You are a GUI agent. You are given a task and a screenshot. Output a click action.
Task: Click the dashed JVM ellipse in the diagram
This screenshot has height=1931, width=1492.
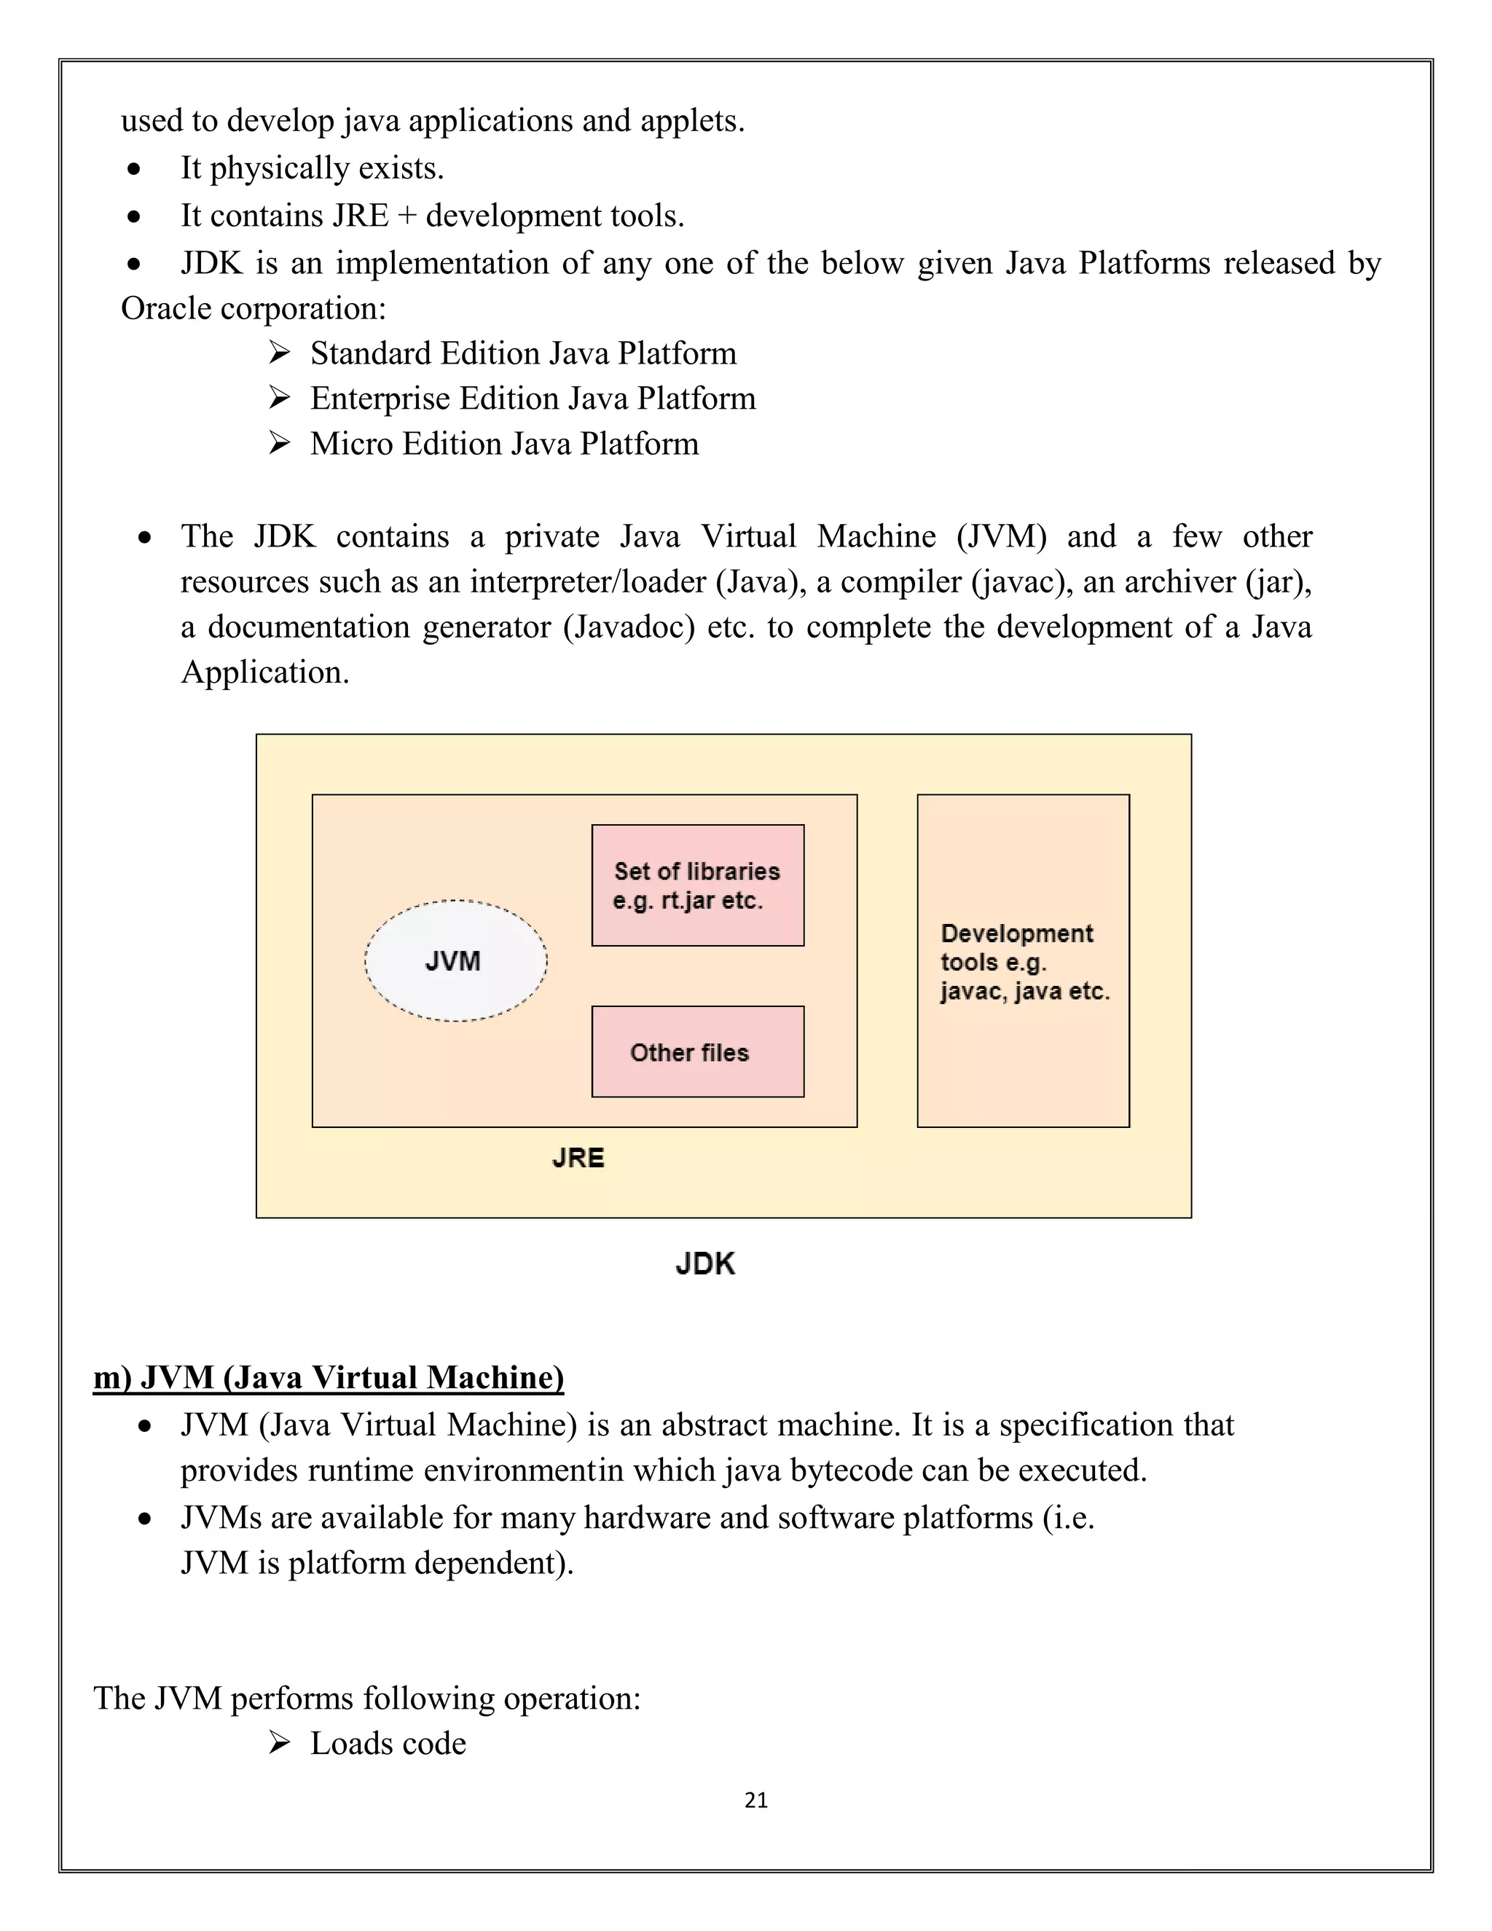click(455, 961)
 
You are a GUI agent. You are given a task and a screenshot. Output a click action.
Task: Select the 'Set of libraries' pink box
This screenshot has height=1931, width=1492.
click(697, 885)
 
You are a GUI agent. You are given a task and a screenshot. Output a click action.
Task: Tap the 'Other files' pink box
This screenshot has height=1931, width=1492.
click(697, 1051)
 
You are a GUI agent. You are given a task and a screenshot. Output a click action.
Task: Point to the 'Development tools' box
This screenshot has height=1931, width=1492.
click(1023, 961)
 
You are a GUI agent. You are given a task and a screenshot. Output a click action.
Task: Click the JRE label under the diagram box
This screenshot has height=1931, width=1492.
click(578, 1159)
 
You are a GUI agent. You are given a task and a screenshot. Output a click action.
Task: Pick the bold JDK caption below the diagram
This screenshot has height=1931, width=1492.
click(704, 1264)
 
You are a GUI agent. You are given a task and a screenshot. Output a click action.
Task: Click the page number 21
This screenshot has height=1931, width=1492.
click(755, 1800)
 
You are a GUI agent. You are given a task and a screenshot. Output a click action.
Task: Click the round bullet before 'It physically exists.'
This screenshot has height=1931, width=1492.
click(133, 169)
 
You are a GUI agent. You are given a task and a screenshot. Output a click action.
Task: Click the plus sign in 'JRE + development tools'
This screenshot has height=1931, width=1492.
click(407, 216)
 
